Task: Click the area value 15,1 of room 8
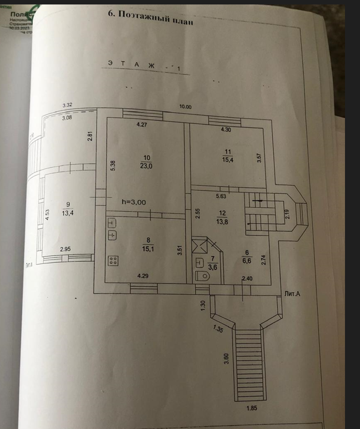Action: [x=147, y=248]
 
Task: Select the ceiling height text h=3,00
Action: [x=134, y=202]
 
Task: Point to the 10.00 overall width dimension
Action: [x=184, y=107]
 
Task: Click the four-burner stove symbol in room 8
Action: [x=112, y=260]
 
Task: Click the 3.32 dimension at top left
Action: [x=68, y=104]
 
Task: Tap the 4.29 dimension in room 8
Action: [x=143, y=275]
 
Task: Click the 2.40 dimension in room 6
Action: [x=247, y=278]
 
